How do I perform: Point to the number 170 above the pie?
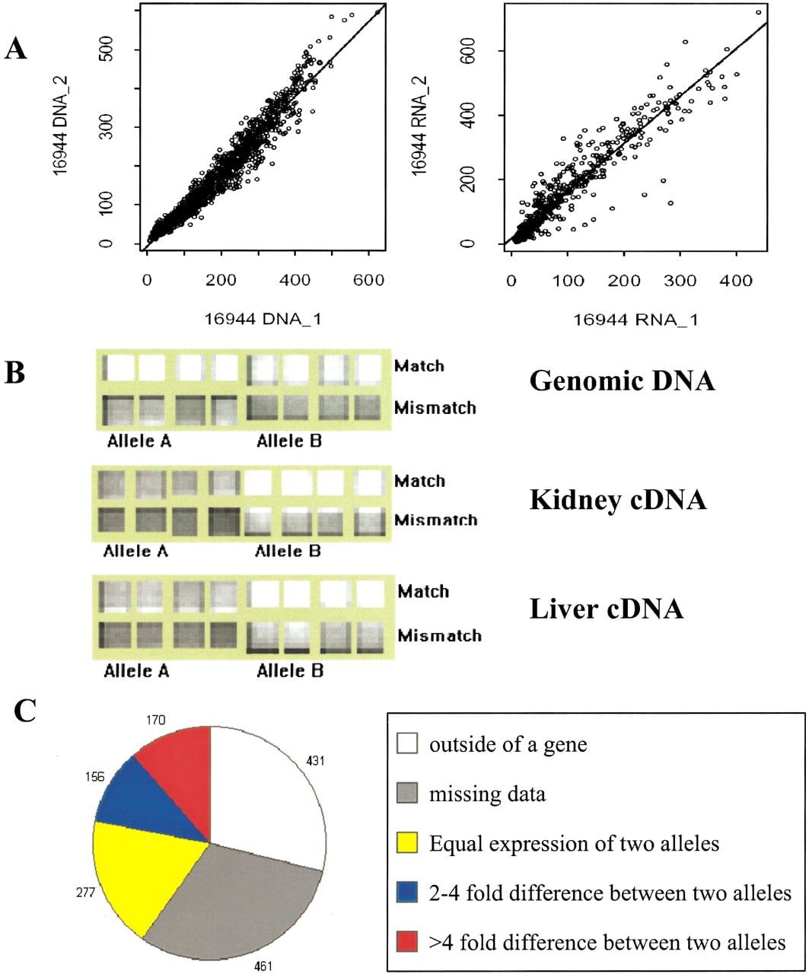(x=155, y=721)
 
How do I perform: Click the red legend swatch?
(x=407, y=941)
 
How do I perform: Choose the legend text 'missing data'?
(x=487, y=794)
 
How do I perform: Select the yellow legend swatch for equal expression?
(x=407, y=842)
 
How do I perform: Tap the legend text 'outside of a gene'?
(x=508, y=744)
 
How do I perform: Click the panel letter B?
(x=14, y=373)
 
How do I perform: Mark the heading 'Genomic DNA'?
(x=622, y=380)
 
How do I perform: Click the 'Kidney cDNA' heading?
(x=618, y=500)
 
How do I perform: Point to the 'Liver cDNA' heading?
(x=607, y=609)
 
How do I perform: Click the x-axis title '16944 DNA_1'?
(x=263, y=320)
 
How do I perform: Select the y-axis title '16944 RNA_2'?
(x=419, y=126)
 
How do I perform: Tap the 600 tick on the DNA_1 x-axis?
(x=368, y=280)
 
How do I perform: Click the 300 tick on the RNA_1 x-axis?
(x=680, y=281)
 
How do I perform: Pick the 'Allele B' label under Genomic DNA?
(x=289, y=441)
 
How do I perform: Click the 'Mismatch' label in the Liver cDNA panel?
(x=439, y=635)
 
